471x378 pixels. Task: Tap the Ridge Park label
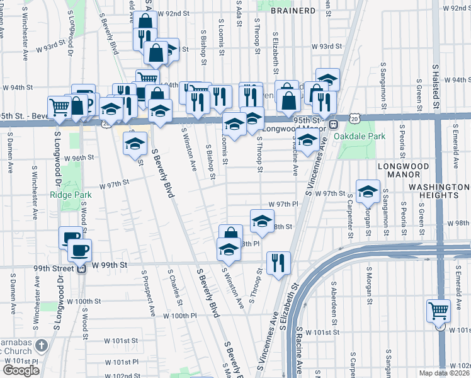coord(71,195)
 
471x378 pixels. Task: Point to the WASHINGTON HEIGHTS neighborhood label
coord(439,191)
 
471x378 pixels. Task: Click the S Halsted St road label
coord(435,82)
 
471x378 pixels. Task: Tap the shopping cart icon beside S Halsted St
coord(438,311)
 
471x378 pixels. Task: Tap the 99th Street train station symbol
coord(81,268)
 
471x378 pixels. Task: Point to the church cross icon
coord(42,345)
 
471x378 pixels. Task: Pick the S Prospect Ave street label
coord(148,293)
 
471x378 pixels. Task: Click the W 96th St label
coord(82,157)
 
